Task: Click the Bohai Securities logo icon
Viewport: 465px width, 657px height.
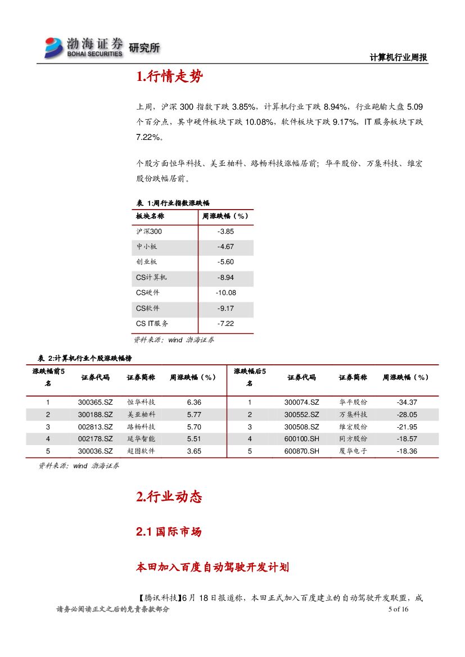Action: (55, 47)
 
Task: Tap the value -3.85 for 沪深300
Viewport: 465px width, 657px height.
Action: (225, 232)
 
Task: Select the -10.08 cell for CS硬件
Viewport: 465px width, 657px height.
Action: (225, 293)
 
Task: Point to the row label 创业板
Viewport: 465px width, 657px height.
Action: (146, 262)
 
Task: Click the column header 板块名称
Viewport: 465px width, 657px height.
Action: (150, 216)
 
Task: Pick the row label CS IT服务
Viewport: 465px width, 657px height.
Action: (152, 324)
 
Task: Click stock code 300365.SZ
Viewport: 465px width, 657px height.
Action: (95, 402)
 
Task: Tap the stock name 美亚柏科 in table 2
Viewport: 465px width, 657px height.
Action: (141, 414)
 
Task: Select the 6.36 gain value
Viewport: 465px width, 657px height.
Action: (193, 402)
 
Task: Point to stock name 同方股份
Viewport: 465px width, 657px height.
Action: (353, 439)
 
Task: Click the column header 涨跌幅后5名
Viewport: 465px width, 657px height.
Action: (250, 377)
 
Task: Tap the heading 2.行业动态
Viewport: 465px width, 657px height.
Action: (169, 497)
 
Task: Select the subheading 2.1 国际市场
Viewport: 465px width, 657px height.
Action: (169, 532)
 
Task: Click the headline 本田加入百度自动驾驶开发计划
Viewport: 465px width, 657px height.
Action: (213, 567)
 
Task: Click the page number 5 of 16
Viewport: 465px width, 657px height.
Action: (398, 610)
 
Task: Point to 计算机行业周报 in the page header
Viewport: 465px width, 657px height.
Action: (399, 57)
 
